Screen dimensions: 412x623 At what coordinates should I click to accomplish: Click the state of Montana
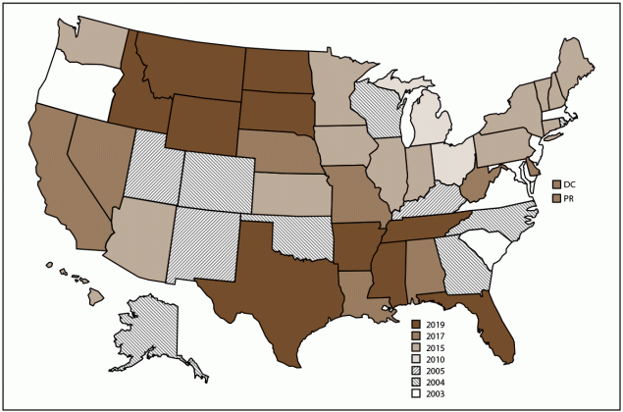(186, 69)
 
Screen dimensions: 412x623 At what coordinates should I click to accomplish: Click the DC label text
(573, 184)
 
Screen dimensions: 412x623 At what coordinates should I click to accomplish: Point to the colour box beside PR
(557, 199)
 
